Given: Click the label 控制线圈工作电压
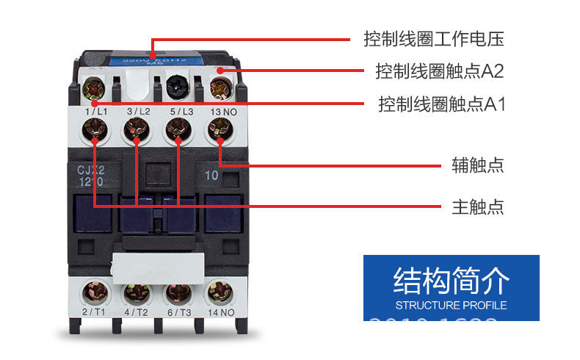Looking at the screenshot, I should tap(434, 38).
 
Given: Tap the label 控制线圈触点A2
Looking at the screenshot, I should tap(439, 71).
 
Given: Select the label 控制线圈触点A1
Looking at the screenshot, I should tap(441, 104).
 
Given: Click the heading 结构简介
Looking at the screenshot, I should tap(451, 281).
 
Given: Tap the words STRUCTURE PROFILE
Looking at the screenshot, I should tap(451, 305).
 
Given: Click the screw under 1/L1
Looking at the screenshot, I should tap(94, 132).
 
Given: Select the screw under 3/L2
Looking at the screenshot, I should tap(136, 132).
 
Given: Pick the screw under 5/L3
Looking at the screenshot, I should tap(177, 132).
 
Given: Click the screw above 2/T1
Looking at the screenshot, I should tap(94, 292).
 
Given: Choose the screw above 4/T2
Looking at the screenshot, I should tap(136, 292).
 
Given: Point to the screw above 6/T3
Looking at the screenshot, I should tap(177, 292).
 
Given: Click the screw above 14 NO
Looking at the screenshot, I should tap(219, 292).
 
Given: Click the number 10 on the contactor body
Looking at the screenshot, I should tap(211, 176).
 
